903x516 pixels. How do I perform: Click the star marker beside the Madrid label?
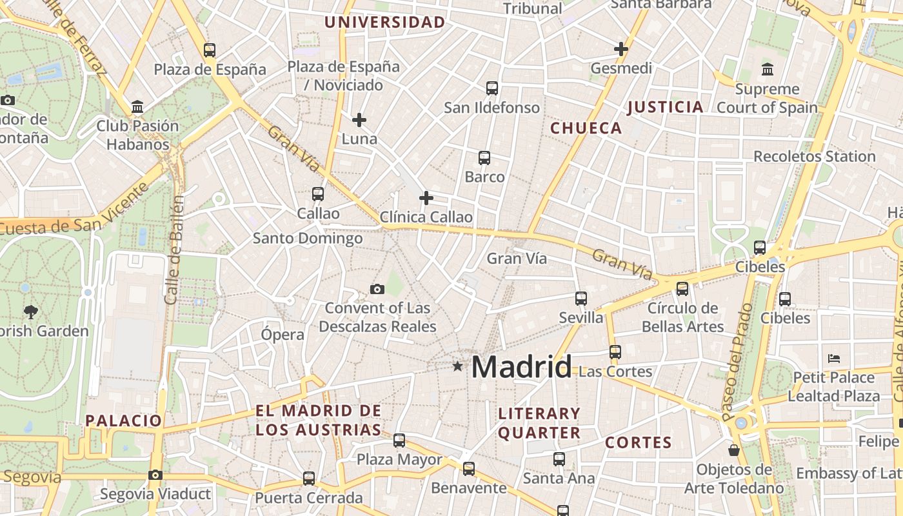tap(457, 366)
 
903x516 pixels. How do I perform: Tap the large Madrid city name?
tap(521, 367)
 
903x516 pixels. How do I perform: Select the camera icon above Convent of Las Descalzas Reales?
tap(377, 289)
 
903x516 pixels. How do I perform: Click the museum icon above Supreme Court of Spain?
tap(768, 70)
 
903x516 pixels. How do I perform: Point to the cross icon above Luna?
tap(359, 119)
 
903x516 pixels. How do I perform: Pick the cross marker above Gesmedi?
tap(621, 49)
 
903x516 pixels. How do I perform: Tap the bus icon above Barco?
tap(484, 157)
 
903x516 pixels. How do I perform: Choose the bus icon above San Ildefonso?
tap(492, 88)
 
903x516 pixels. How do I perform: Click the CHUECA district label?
tap(586, 128)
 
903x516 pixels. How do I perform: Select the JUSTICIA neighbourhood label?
tap(665, 107)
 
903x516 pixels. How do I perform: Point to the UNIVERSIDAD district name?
tap(384, 23)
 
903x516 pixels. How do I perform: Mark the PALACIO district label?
tap(124, 421)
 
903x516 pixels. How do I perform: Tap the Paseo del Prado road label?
tap(737, 361)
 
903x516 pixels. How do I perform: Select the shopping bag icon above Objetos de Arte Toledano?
tap(734, 450)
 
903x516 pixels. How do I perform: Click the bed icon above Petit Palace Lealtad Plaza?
tap(834, 358)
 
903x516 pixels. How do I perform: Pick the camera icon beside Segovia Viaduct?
tap(155, 475)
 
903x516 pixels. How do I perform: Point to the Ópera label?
tap(283, 335)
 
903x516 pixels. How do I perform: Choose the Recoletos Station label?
tap(814, 157)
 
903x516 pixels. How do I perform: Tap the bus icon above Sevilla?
tap(581, 299)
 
